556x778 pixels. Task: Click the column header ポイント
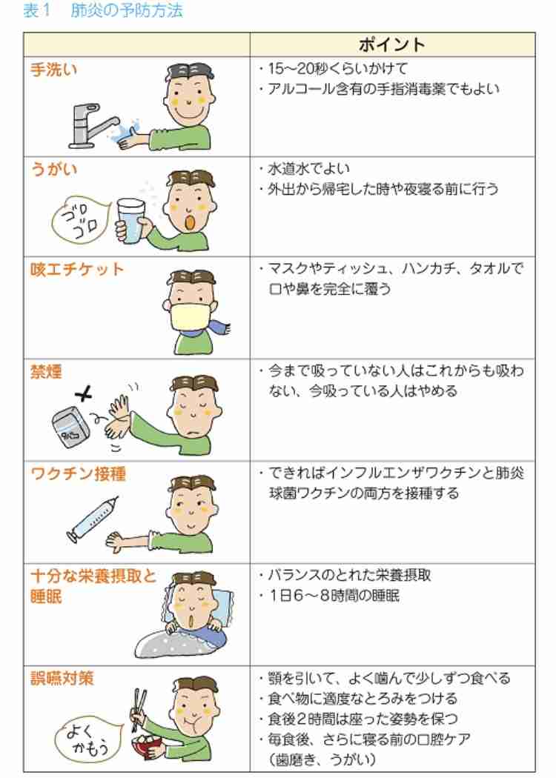[392, 45]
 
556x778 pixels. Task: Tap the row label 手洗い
[54, 70]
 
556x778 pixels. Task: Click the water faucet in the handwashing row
[93, 127]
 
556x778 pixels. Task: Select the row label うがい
[54, 169]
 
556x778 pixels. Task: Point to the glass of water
[131, 222]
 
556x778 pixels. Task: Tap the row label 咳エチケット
[77, 270]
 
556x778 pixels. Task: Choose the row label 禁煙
[46, 372]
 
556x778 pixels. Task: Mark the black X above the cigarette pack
[85, 395]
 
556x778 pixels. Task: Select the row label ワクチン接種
[78, 474]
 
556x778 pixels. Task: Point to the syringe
[93, 519]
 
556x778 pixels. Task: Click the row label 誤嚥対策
[62, 678]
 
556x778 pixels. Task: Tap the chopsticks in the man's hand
[139, 710]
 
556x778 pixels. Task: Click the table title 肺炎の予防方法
[127, 10]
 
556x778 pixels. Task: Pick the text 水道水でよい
[309, 169]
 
